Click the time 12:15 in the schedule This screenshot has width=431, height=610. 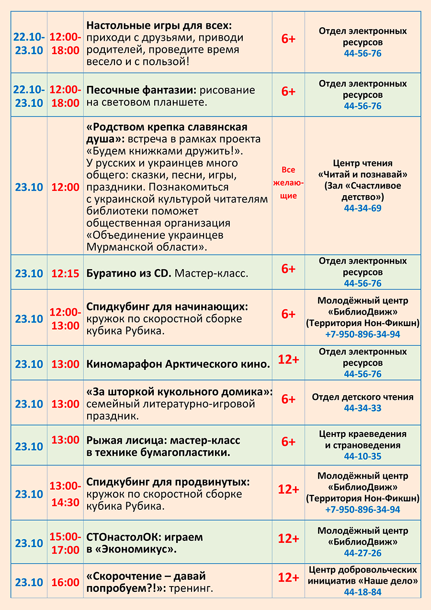[x=65, y=273]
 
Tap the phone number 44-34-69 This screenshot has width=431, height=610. [x=363, y=208]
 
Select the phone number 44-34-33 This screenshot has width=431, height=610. [x=363, y=408]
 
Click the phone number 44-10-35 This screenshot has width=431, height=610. [x=363, y=456]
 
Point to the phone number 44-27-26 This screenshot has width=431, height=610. [x=363, y=553]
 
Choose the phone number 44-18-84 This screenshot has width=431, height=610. [x=363, y=592]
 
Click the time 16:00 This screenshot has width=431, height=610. [x=65, y=583]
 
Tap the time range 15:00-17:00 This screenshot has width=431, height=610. [x=65, y=543]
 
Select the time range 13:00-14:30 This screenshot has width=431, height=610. [x=65, y=494]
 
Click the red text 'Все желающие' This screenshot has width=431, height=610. [x=288, y=183]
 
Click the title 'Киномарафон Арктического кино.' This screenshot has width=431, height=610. [x=178, y=364]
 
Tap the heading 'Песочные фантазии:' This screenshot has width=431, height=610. [x=141, y=90]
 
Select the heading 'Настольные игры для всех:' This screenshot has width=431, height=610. [x=159, y=25]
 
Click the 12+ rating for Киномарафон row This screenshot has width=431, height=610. [x=288, y=359]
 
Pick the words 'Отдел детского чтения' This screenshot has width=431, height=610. [x=363, y=397]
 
